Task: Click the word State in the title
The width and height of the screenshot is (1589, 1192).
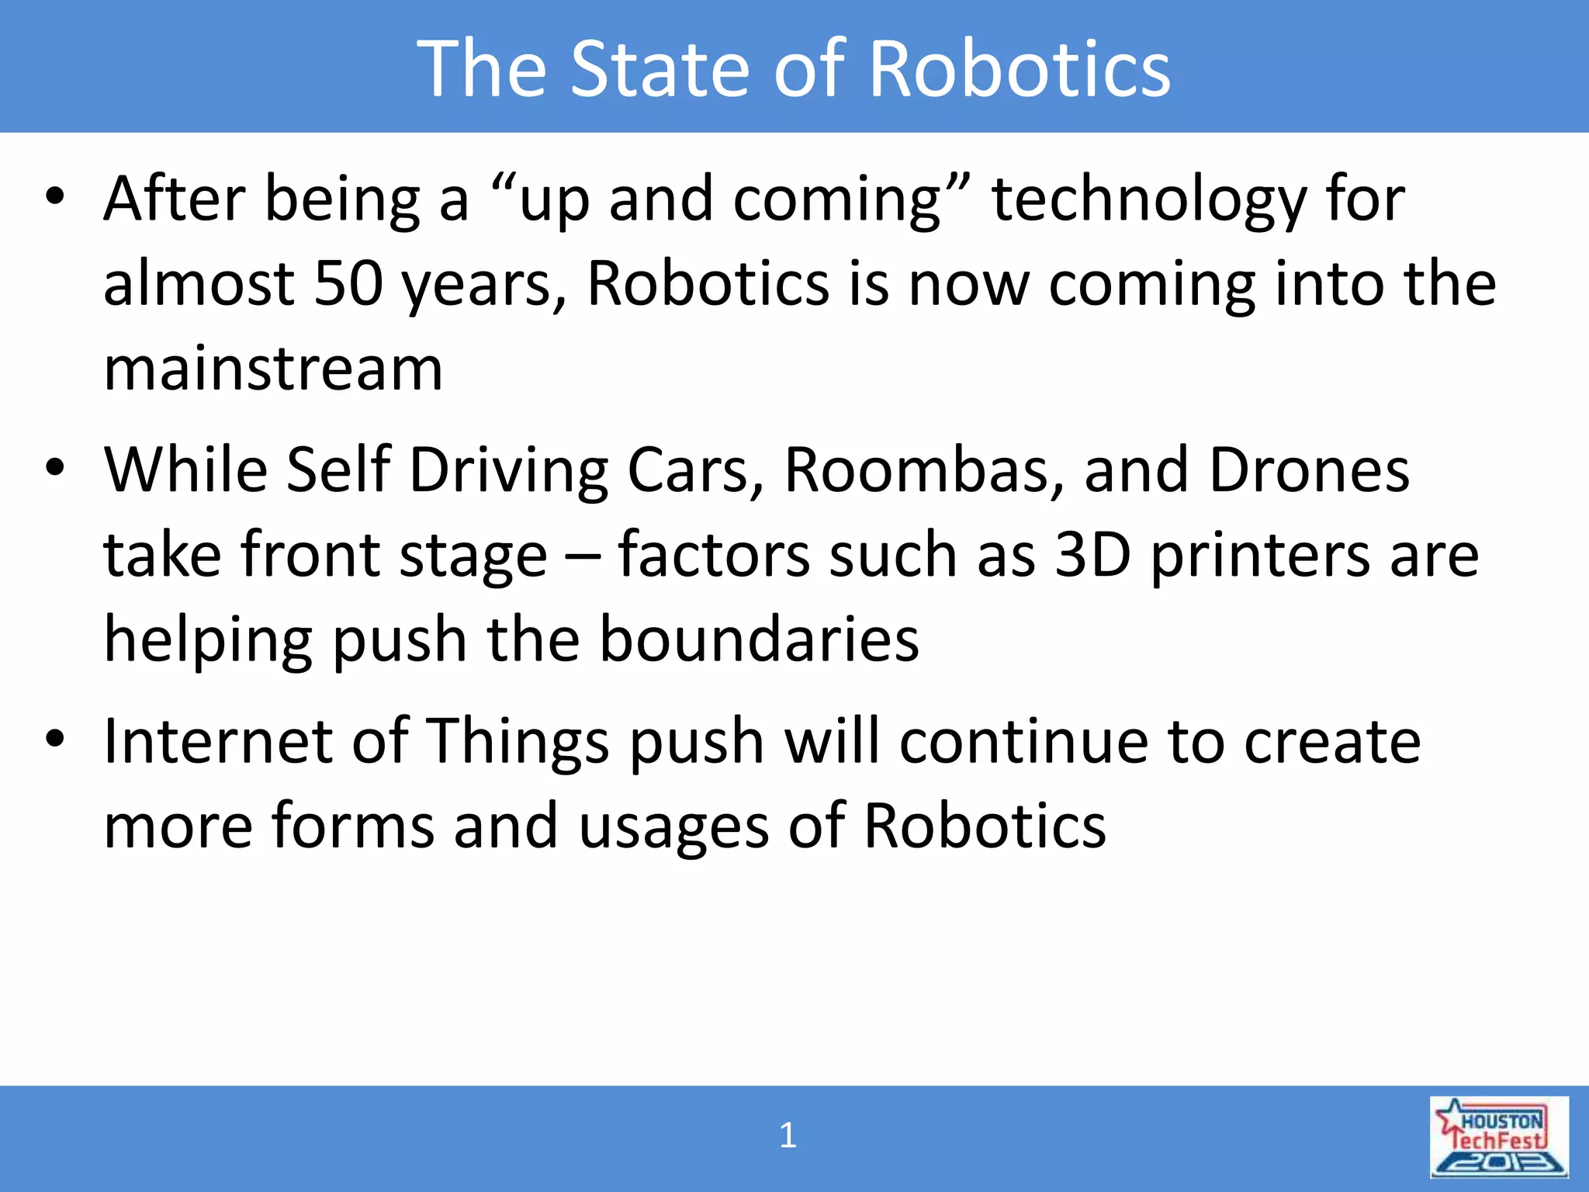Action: (x=661, y=70)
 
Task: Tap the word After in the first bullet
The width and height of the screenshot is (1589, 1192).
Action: (x=175, y=199)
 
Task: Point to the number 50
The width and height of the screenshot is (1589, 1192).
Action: (x=348, y=283)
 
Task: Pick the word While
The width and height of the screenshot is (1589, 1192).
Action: (x=185, y=470)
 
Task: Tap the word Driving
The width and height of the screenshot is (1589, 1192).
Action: (x=508, y=472)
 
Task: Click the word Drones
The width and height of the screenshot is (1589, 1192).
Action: (x=1309, y=470)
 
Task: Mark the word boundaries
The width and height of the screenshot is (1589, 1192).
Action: (x=759, y=639)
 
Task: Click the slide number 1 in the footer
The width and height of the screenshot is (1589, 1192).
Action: (x=788, y=1135)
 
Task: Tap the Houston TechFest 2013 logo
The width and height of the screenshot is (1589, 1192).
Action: (x=1499, y=1137)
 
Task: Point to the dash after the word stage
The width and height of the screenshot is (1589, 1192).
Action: (x=582, y=556)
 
